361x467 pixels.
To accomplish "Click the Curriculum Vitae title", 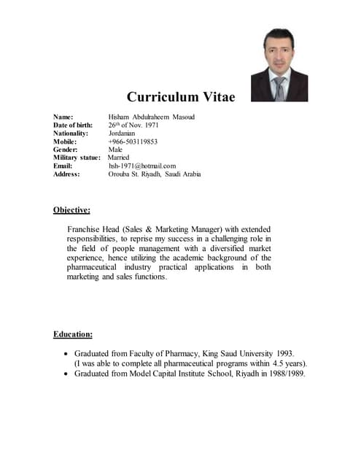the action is pos(181,96).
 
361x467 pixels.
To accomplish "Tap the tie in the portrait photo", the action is pos(279,87).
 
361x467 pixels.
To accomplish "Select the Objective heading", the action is pos(71,210).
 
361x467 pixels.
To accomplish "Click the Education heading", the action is pos(73,334).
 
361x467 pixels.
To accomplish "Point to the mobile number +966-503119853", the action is pos(133,142).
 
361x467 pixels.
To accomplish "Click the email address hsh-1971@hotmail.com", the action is pos(142,166).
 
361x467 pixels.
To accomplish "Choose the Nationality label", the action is pos(71,134).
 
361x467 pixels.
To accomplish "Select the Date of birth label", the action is pos(73,126).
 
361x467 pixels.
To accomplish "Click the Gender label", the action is pos(66,150).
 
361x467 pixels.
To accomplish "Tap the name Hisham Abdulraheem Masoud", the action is pos(151,117).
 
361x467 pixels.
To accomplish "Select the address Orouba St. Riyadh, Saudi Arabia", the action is pos(155,174).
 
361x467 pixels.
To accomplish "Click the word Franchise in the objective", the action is pos(86,229).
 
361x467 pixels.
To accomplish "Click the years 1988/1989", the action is pos(282,373).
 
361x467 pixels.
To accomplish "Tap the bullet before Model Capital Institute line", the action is pos(66,374).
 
